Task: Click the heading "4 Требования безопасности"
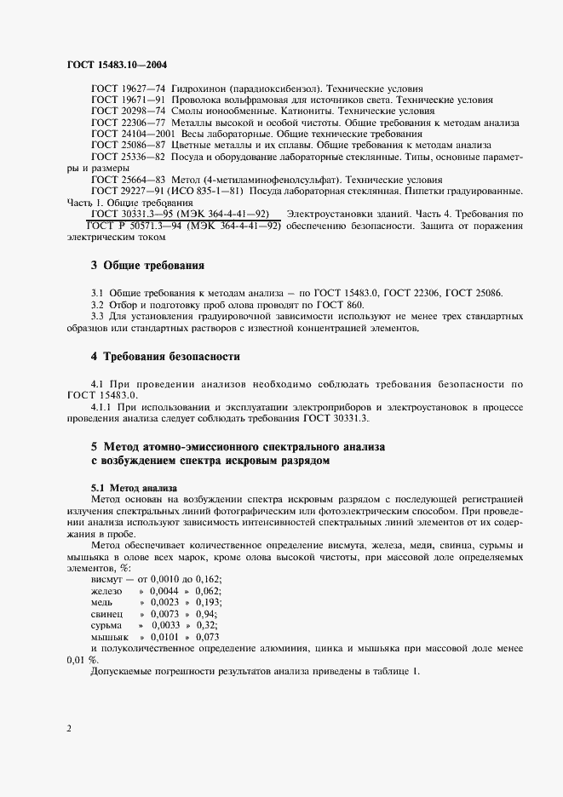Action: [x=165, y=356]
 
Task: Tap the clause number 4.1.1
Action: [x=102, y=406]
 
